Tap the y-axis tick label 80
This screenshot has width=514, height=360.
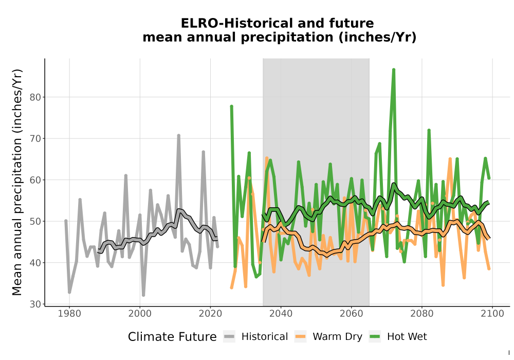coord(36,97)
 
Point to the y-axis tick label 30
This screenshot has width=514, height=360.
coord(36,304)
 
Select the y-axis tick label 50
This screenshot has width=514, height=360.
coord(36,221)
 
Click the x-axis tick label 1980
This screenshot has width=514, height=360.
coord(69,314)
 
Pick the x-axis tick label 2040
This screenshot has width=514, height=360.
coord(281,314)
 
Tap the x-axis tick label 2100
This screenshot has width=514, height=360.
coord(492,314)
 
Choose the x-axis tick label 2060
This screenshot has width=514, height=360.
coord(351,314)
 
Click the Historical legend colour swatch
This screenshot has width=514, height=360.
coord(229,336)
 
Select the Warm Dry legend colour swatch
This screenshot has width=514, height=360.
coord(300,336)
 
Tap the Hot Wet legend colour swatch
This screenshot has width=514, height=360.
coord(375,336)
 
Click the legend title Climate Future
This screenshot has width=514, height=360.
coord(172,337)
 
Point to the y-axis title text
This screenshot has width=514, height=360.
coord(17,182)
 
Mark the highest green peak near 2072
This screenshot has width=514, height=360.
coord(394,69)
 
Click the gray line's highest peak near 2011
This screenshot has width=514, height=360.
coord(179,135)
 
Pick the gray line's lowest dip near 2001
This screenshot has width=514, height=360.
coord(143,295)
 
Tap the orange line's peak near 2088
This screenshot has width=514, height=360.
coord(450,159)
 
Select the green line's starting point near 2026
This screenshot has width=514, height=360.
coord(231,106)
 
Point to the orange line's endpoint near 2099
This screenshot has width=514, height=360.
coord(489,268)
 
